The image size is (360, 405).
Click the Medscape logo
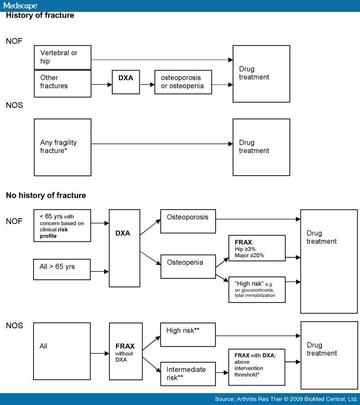[20, 5]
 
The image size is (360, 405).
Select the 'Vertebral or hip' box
[63, 57]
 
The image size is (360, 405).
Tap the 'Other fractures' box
[63, 83]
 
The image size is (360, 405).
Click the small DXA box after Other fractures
[126, 82]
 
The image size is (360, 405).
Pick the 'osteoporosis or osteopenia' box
[183, 82]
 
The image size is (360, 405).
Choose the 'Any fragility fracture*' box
[63, 147]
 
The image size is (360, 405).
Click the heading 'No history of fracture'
[46, 195]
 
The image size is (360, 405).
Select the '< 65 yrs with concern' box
[62, 225]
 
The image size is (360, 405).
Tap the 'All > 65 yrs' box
[62, 269]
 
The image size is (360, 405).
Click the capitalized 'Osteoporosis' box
[188, 221]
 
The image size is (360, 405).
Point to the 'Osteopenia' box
[188, 267]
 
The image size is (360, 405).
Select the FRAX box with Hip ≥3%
[257, 248]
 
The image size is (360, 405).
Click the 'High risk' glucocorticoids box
[257, 290]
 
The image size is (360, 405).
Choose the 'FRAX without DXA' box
[126, 351]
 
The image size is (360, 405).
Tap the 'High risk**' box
[188, 334]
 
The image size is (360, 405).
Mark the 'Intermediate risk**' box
[188, 374]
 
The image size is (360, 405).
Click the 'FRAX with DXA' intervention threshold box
[257, 367]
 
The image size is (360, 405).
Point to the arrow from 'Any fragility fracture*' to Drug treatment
[162, 144]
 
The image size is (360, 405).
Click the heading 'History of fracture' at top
[40, 15]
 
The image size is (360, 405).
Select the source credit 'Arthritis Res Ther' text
[260, 399]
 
